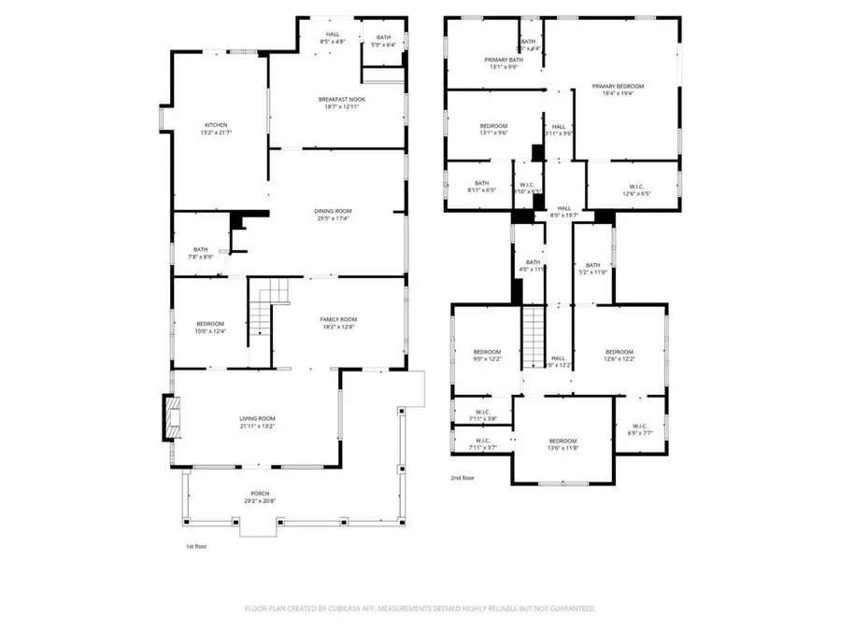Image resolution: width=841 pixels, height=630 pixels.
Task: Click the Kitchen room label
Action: point(216,129)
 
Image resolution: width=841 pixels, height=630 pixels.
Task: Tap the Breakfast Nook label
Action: point(338,103)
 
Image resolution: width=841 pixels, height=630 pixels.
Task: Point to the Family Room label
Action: point(339,323)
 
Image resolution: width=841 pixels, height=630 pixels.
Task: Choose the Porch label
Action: point(259,498)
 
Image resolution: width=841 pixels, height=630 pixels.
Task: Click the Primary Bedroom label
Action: point(618,90)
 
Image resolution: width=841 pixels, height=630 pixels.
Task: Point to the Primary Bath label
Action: point(500,63)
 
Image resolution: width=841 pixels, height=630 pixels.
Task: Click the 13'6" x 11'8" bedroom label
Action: point(563,444)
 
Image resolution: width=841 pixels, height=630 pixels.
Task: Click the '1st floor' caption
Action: point(195,547)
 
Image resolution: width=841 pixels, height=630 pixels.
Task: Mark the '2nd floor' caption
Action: point(463,477)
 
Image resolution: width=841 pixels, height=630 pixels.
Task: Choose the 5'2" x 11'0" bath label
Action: point(592,268)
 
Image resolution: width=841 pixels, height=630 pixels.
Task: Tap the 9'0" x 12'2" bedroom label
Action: point(486,356)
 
